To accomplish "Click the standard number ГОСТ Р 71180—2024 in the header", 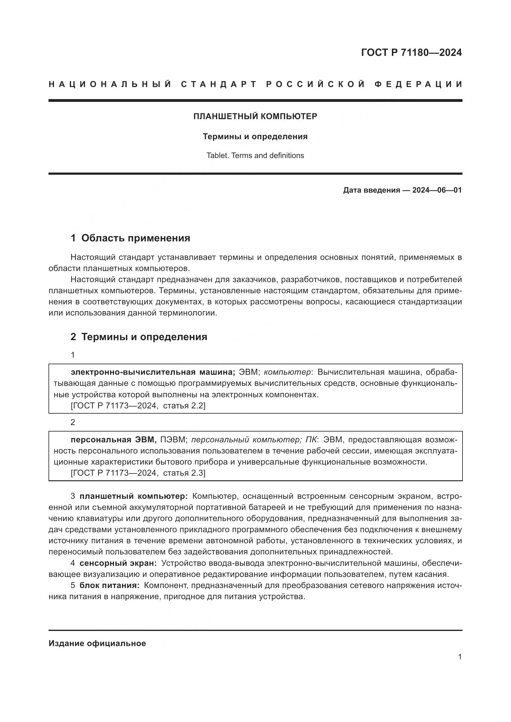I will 411,52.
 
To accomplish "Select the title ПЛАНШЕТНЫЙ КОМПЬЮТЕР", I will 255,116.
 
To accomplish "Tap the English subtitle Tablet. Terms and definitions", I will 255,155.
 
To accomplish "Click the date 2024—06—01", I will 437,190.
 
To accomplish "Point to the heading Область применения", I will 136,238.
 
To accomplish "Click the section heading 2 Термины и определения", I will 139,337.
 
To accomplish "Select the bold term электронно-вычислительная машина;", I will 153,372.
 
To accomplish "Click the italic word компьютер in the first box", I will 287,372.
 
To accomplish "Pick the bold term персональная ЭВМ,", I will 114,439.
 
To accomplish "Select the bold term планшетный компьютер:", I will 133,496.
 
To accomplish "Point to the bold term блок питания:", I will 109,585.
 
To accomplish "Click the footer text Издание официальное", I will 97,643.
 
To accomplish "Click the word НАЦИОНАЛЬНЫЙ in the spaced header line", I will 110,84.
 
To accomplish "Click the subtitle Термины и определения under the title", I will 255,136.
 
